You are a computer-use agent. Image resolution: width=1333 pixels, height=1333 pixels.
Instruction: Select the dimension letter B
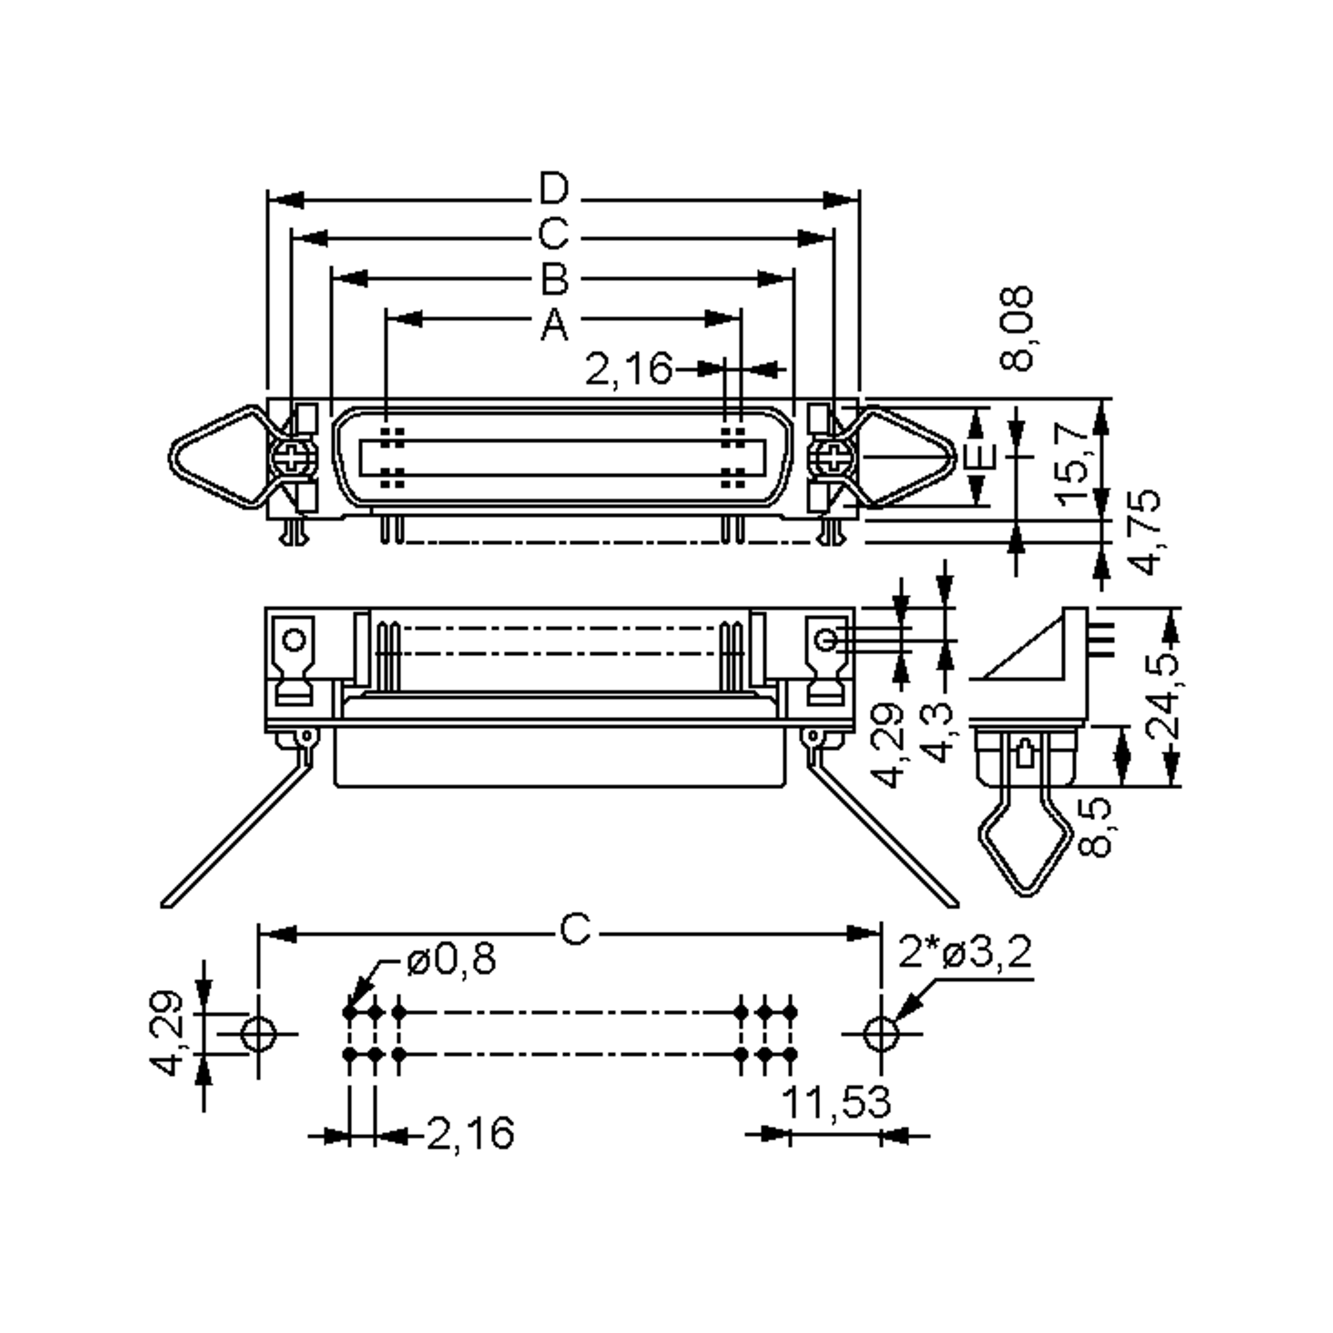point(554,279)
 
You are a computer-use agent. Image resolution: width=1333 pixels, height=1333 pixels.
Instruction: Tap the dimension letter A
point(554,325)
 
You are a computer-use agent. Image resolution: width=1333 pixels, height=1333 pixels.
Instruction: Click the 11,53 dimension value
point(837,1102)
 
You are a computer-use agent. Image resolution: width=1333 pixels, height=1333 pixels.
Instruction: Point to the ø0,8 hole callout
point(451,959)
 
